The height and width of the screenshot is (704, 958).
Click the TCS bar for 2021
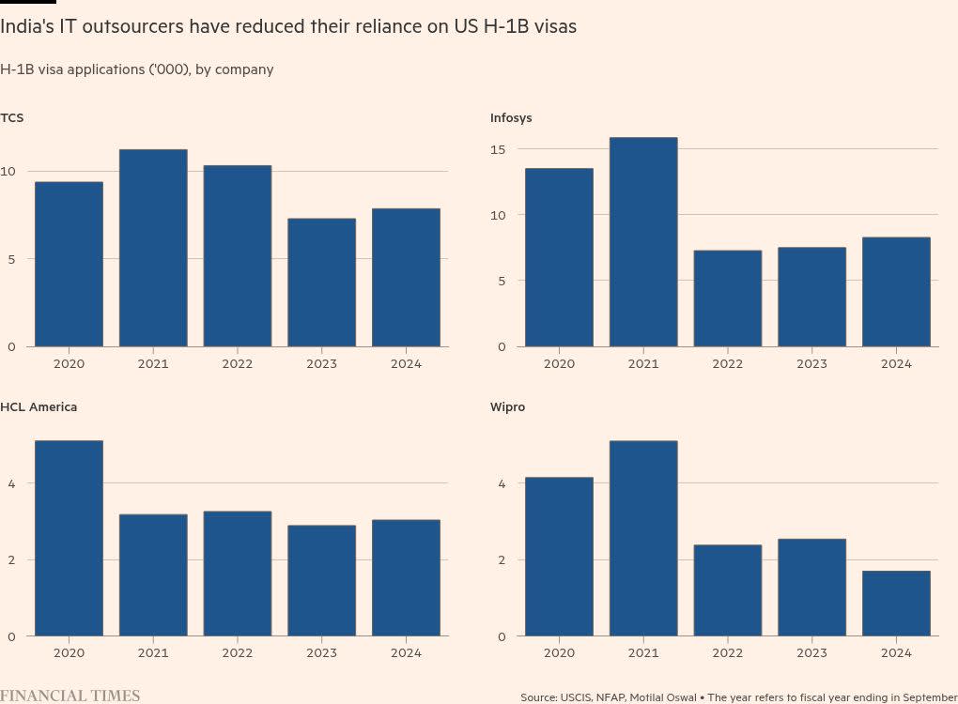pos(153,248)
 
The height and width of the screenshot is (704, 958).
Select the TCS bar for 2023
pos(321,283)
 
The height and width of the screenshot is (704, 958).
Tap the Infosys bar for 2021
pos(643,242)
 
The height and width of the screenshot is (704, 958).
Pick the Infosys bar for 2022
pos(728,298)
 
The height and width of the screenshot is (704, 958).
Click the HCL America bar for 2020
pos(69,538)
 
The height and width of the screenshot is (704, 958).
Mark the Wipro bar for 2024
pos(896,604)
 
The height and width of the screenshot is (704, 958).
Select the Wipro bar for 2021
pos(643,538)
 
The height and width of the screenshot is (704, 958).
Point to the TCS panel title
pos(12,117)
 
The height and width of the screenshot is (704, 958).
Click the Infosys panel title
pos(511,117)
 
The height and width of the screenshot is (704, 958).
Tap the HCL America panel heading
pos(39,407)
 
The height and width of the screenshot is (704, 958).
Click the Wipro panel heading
pos(507,407)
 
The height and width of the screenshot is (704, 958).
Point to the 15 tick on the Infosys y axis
pos(498,149)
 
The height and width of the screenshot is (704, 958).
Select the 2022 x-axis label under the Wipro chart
pos(728,653)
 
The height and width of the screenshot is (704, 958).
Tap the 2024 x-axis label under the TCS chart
pos(406,363)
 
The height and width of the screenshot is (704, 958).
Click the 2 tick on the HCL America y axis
pos(11,560)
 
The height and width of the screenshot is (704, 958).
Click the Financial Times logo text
pos(70,696)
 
